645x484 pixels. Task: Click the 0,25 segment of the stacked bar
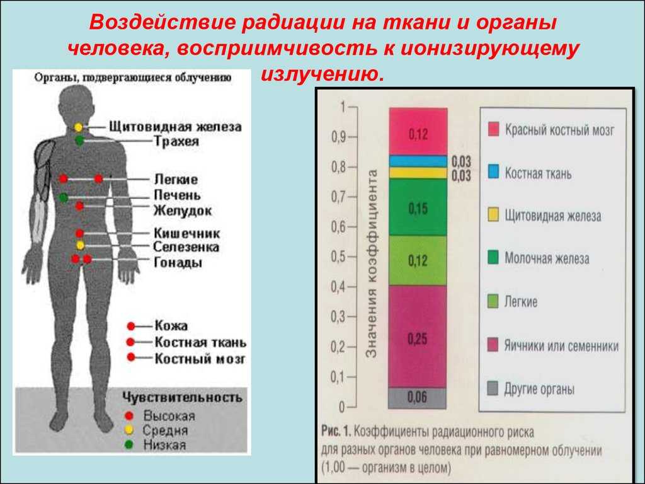point(418,337)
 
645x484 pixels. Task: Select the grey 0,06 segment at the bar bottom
point(418,398)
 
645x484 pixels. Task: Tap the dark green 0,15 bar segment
point(418,207)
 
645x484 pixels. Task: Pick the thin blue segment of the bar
point(418,161)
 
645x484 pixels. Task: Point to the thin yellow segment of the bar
point(418,173)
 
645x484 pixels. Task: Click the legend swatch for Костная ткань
point(493,171)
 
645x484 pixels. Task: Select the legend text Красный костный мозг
point(559,130)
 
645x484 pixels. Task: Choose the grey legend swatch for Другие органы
point(493,388)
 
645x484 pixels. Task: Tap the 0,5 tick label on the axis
point(339,256)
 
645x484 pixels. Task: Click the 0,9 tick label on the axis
point(339,137)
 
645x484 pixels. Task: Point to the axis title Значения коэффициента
point(372,264)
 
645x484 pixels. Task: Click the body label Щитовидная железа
point(175,126)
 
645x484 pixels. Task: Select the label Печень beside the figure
point(177,195)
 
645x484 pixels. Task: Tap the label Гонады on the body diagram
point(178,262)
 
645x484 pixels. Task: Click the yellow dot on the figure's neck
point(78,127)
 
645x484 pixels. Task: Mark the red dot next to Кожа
point(131,326)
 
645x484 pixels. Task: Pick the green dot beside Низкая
point(128,444)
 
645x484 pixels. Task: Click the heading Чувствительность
point(182,398)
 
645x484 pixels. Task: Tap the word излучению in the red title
point(322,74)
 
